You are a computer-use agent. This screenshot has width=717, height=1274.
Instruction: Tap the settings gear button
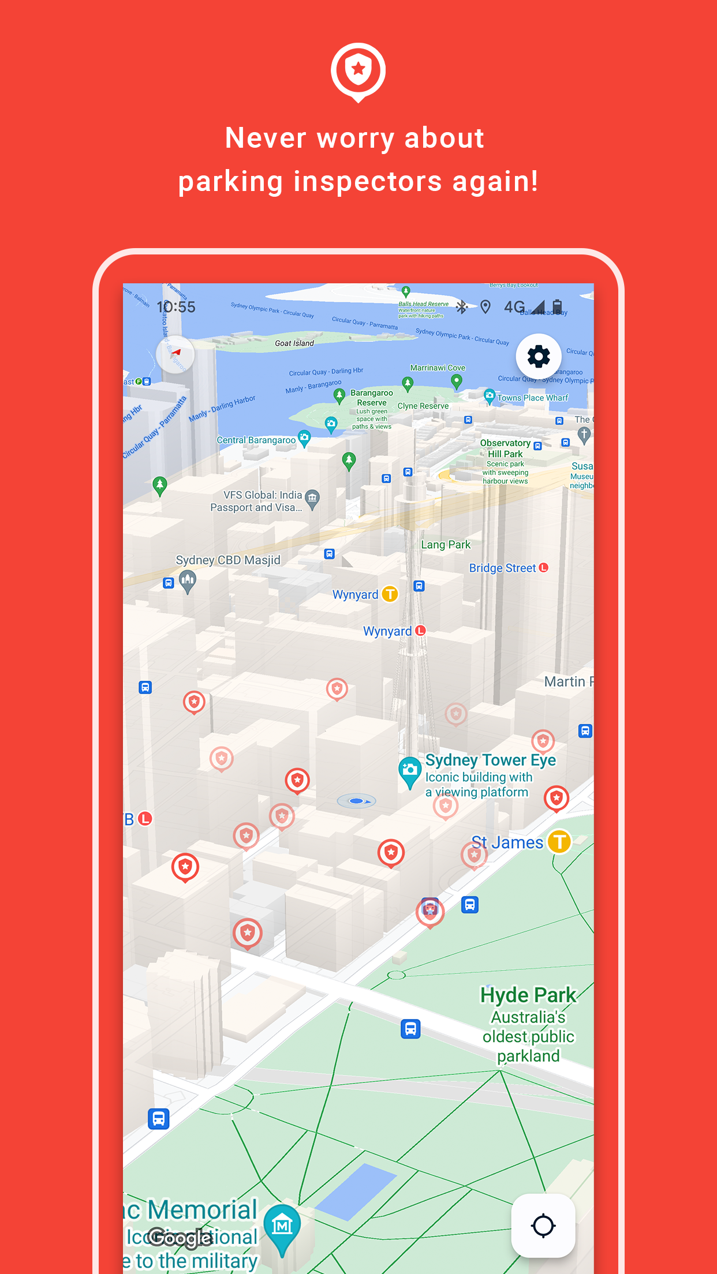tap(538, 357)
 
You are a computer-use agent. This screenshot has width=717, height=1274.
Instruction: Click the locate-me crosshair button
tap(543, 1226)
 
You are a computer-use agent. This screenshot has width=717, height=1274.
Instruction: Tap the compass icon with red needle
tap(175, 354)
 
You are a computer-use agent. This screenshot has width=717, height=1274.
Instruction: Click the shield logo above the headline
tap(358, 71)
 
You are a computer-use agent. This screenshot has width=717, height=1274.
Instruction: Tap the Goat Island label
tap(294, 343)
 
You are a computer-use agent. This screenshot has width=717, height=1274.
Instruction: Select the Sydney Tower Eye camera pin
tap(410, 771)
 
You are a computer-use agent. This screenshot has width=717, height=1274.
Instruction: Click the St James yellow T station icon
tap(559, 842)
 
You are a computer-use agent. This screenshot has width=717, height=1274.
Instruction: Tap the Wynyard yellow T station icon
tap(390, 594)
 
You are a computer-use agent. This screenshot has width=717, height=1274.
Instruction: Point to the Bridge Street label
tap(502, 568)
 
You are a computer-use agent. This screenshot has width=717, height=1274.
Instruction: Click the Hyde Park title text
tap(528, 995)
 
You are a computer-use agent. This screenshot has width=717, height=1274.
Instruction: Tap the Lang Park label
tap(446, 545)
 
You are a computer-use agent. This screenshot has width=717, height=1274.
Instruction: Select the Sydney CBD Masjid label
tap(228, 560)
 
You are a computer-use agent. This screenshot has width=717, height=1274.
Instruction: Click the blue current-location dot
tap(356, 801)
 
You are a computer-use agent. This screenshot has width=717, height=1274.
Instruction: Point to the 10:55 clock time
tap(176, 307)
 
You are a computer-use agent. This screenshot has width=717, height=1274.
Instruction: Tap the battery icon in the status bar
tap(557, 306)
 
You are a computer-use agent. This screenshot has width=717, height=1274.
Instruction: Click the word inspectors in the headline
tap(368, 182)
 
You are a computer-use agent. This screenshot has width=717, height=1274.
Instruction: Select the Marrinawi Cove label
tap(438, 368)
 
